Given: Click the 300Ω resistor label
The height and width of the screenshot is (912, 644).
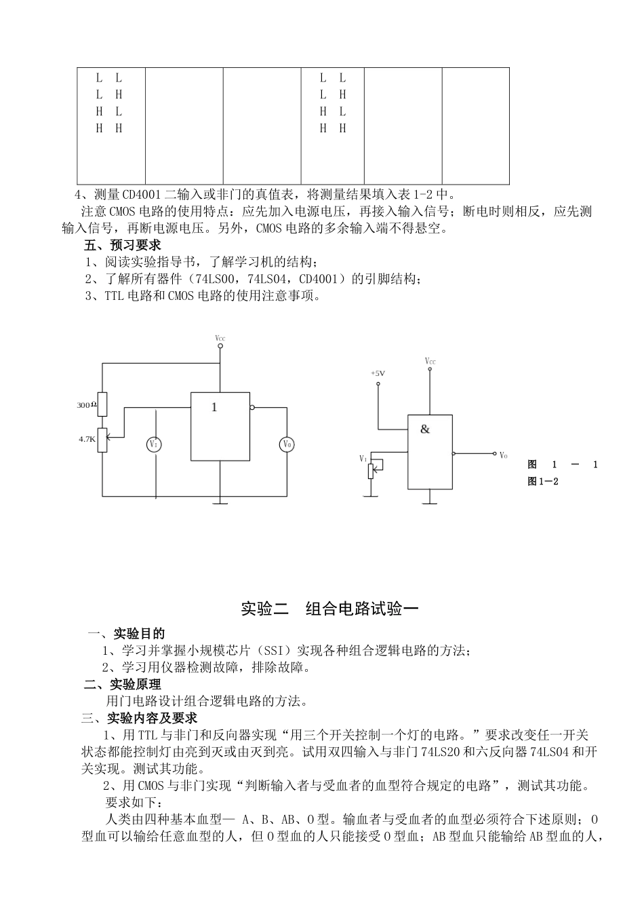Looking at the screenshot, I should [86, 405].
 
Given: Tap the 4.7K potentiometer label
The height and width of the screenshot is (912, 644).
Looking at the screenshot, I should [87, 439].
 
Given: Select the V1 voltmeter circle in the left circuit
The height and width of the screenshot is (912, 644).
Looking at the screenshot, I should [155, 444].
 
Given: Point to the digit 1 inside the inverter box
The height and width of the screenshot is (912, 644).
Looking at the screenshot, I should [214, 407].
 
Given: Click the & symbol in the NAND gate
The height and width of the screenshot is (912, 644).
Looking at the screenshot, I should [425, 429].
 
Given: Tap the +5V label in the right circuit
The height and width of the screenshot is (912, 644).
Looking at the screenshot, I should [378, 373].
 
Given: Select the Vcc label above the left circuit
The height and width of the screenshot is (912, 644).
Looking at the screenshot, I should [220, 337].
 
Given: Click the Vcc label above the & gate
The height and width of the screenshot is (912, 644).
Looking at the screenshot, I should [430, 362].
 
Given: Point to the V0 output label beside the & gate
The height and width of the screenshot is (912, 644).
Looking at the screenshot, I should [504, 455].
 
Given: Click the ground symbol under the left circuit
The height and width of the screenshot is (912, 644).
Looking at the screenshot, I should [220, 503].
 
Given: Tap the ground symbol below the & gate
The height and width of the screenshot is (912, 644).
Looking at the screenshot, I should [429, 503].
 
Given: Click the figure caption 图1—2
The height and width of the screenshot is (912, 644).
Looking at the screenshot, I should [542, 482].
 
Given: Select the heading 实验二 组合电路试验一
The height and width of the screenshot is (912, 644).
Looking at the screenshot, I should [329, 609].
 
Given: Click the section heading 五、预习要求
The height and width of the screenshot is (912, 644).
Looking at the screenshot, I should [122, 245].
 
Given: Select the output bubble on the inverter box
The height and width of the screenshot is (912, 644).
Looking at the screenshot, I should [252, 408].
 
